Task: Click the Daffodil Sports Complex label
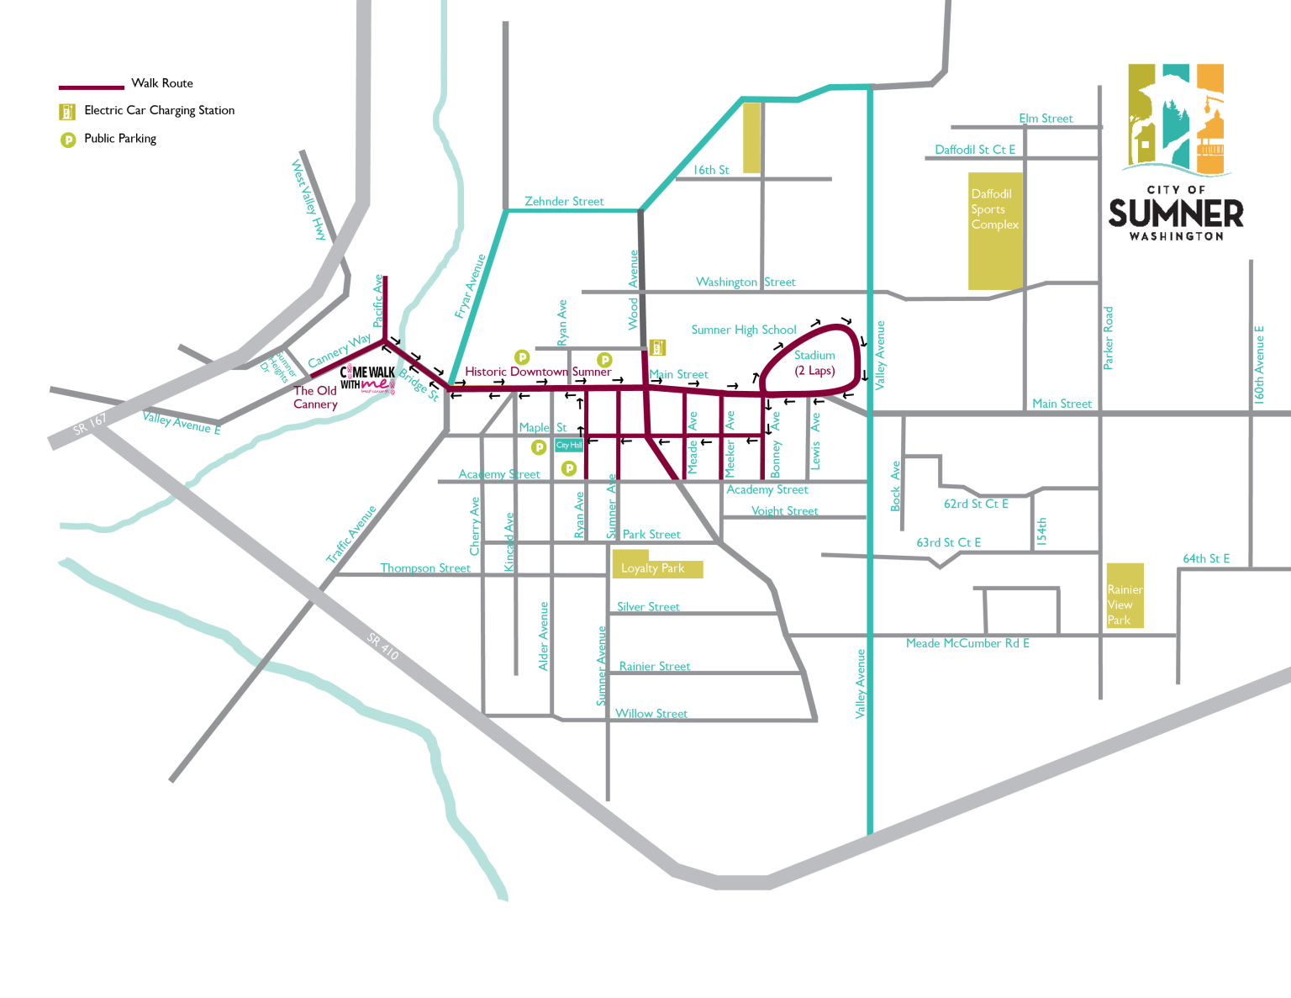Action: click(x=994, y=209)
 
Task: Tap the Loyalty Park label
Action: click(x=652, y=568)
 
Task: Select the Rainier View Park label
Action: click(x=1124, y=605)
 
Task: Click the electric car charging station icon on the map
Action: click(x=658, y=347)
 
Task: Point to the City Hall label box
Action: click(x=569, y=446)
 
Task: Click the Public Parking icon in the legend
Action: click(x=68, y=140)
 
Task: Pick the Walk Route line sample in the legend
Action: click(x=91, y=87)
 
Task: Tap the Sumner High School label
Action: click(x=743, y=330)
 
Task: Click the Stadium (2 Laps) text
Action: click(x=814, y=363)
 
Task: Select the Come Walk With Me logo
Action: click(x=368, y=378)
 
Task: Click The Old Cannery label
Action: click(x=315, y=398)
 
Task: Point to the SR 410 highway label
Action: click(x=382, y=646)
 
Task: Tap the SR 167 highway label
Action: click(x=89, y=425)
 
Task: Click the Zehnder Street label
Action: click(x=564, y=202)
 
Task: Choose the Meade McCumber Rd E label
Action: click(x=967, y=643)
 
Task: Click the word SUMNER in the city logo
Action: click(x=1176, y=214)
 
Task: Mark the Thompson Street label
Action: click(x=425, y=568)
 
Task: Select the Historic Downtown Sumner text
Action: click(x=538, y=372)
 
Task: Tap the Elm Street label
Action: click(x=1046, y=119)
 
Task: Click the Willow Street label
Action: click(x=651, y=714)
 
